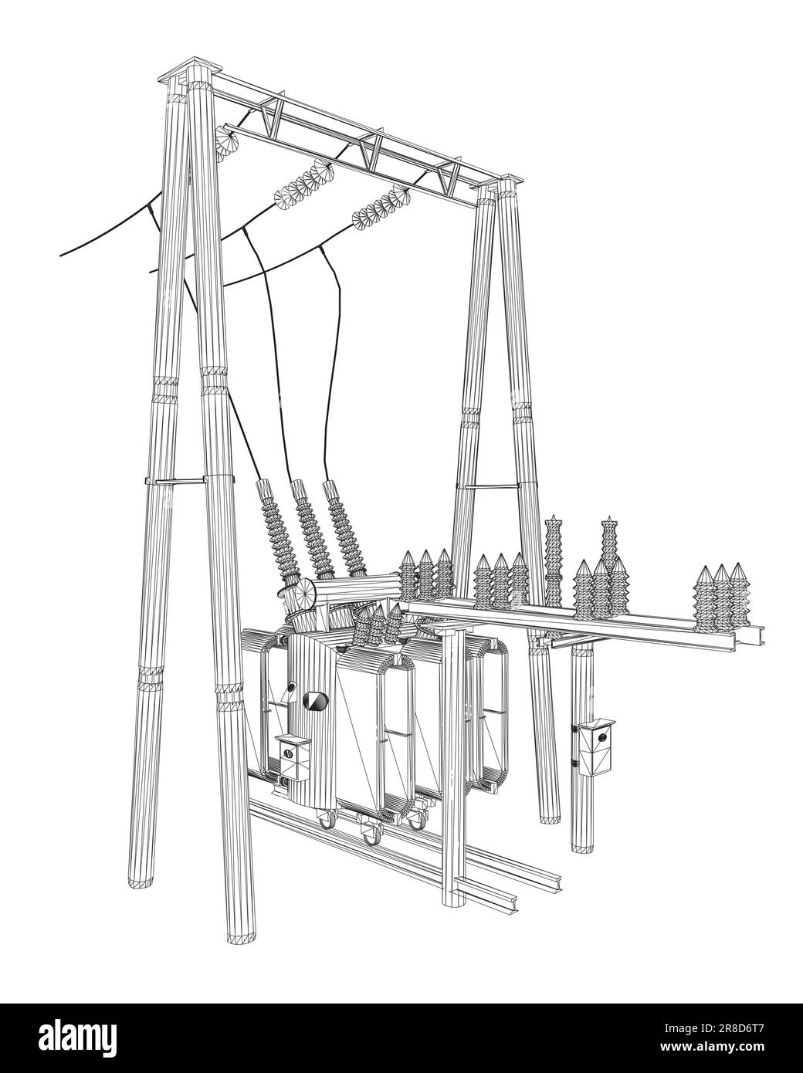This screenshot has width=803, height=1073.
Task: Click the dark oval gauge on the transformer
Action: [315, 701]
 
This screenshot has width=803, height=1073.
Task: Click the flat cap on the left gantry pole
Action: [188, 69]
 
